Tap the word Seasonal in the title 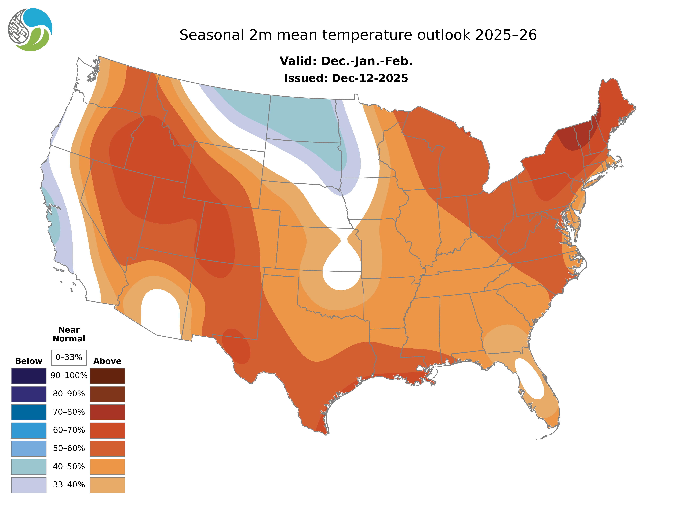click(x=212, y=35)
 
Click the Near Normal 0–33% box click(x=69, y=357)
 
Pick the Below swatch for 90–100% click(x=29, y=376)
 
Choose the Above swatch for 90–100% click(x=107, y=376)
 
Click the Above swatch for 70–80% click(x=107, y=412)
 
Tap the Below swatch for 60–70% click(x=29, y=430)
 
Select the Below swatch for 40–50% click(x=29, y=466)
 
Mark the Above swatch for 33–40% click(x=107, y=485)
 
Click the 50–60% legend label click(x=69, y=448)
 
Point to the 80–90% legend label click(x=69, y=394)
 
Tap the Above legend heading click(x=107, y=361)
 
